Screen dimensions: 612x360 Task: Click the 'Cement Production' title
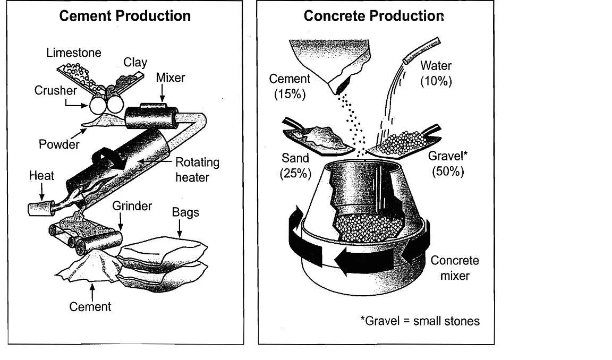(x=125, y=16)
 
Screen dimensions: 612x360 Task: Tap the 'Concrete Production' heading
(x=373, y=16)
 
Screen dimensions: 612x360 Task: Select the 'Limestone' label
(x=73, y=53)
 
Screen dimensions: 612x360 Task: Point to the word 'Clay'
(x=135, y=62)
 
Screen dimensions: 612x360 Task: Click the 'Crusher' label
(x=56, y=90)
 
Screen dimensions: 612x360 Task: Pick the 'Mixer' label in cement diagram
(x=171, y=78)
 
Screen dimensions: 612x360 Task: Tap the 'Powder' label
(x=59, y=144)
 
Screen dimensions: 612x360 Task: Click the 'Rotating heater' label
(x=197, y=169)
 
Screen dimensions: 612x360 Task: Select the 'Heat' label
(x=41, y=175)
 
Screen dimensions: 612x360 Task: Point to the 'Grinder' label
(x=132, y=205)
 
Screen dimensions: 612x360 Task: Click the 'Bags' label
(x=185, y=212)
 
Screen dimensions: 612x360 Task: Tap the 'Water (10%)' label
(x=436, y=73)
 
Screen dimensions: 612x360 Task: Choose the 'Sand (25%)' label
(x=295, y=166)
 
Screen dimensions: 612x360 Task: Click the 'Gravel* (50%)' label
(x=448, y=164)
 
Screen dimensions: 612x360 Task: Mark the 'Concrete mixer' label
(x=454, y=268)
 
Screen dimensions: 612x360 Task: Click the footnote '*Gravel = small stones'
(x=420, y=321)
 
